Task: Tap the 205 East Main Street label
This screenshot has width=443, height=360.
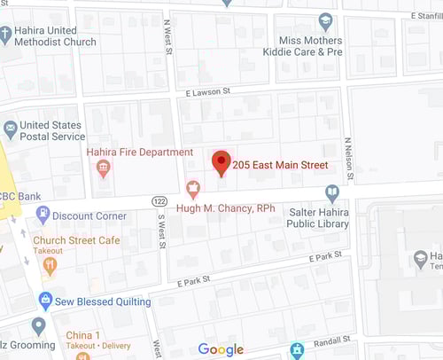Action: point(280,165)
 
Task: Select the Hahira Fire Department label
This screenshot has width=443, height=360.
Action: point(139,153)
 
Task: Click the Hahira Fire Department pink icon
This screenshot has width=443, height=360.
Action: point(104,168)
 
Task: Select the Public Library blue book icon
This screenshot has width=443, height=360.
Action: point(331,192)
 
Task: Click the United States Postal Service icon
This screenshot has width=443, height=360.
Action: point(10,129)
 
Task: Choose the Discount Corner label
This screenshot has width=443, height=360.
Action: point(89,215)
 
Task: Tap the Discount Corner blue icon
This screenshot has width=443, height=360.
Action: point(42,214)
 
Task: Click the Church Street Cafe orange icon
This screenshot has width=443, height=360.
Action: point(49,263)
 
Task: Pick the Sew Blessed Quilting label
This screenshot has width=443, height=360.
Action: point(101,301)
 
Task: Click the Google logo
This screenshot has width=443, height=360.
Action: point(221,349)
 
